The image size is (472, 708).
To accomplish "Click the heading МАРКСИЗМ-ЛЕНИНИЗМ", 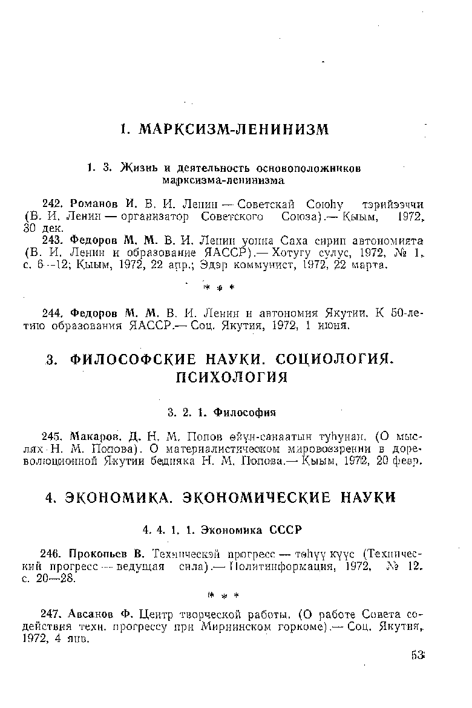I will click(233, 129).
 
